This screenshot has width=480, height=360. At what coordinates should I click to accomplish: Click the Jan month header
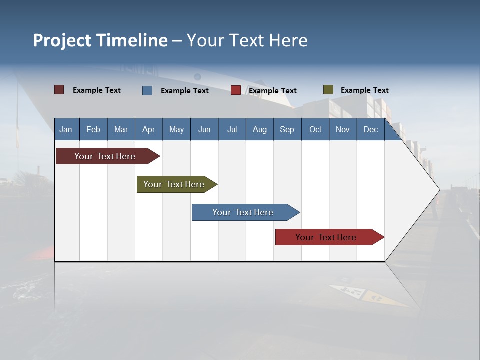pyautogui.click(x=66, y=129)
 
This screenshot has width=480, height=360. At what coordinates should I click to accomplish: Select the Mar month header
pyautogui.click(x=121, y=129)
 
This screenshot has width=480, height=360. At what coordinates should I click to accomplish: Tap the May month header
pyautogui.click(x=176, y=129)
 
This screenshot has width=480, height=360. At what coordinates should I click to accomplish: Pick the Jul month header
pyautogui.click(x=232, y=129)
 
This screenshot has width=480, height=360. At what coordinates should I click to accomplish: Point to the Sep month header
pyautogui.click(x=287, y=129)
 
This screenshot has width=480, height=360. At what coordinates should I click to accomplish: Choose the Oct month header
pyautogui.click(x=315, y=129)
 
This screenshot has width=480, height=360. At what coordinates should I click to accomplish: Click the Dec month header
pyautogui.click(x=370, y=129)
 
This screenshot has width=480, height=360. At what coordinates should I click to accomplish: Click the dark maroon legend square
pyautogui.click(x=59, y=90)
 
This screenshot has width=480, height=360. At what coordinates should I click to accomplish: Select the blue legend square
pyautogui.click(x=147, y=90)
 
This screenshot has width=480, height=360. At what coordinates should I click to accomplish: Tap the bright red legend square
pyautogui.click(x=236, y=90)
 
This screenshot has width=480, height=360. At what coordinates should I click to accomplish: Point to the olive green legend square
pyautogui.click(x=328, y=90)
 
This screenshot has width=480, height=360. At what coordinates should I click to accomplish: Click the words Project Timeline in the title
pyautogui.click(x=100, y=40)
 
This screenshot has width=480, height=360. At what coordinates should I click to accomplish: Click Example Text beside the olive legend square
pyautogui.click(x=364, y=90)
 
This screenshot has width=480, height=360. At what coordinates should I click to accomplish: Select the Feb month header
pyautogui.click(x=93, y=129)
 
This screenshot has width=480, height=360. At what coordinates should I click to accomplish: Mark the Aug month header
pyautogui.click(x=259, y=129)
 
